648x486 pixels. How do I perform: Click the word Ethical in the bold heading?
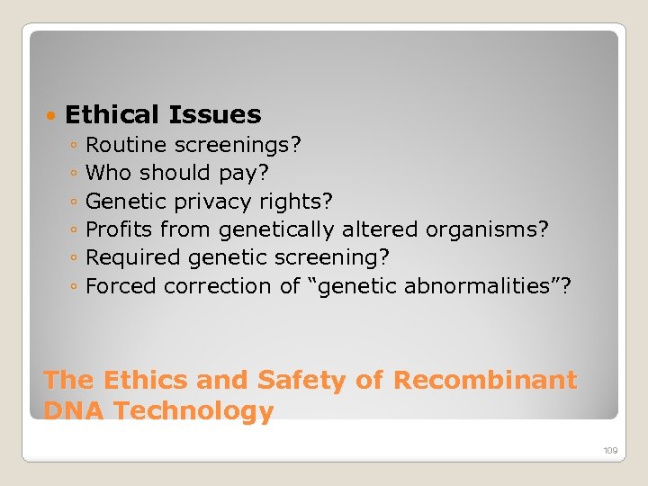111,115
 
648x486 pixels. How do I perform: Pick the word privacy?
213,201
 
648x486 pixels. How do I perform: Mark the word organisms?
487,229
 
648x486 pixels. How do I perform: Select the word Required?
133,258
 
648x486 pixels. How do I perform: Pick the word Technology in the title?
193,411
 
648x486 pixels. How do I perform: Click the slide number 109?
609,450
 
